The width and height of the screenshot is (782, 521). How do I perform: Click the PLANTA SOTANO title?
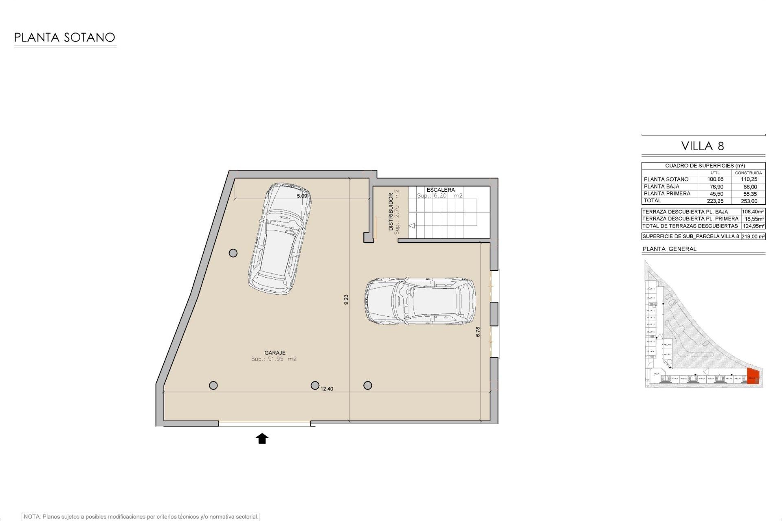pyautogui.click(x=64, y=37)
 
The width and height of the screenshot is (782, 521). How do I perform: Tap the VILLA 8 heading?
pyautogui.click(x=703, y=146)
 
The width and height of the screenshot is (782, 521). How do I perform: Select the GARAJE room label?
pyautogui.click(x=275, y=353)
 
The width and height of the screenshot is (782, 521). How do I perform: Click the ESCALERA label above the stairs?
pyautogui.click(x=440, y=190)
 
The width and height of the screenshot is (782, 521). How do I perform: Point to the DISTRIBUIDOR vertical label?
pyautogui.click(x=391, y=212)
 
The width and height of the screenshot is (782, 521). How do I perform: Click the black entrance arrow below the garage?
pyautogui.click(x=262, y=438)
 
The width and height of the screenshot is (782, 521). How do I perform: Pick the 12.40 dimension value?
pyautogui.click(x=327, y=389)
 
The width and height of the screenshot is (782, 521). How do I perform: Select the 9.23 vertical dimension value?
pyautogui.click(x=346, y=300)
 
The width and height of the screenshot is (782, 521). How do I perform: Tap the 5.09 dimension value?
pyautogui.click(x=302, y=196)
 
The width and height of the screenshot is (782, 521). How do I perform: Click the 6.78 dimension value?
pyautogui.click(x=478, y=332)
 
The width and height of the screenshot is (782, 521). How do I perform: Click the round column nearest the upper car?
pyautogui.click(x=233, y=253)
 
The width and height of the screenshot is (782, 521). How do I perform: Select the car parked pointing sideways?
pyautogui.click(x=420, y=301)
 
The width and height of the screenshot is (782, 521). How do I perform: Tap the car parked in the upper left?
pyautogui.click(x=280, y=239)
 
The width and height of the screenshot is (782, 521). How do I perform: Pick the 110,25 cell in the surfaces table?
pyautogui.click(x=749, y=179)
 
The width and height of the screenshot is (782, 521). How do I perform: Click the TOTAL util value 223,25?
pyautogui.click(x=715, y=201)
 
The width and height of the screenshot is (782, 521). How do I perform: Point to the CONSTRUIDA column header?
pyautogui.click(x=748, y=173)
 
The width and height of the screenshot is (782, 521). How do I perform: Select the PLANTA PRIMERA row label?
pyautogui.click(x=667, y=194)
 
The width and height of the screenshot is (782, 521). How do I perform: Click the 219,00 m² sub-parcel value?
pyautogui.click(x=753, y=236)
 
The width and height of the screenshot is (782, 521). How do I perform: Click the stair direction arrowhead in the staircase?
pyautogui.click(x=411, y=225)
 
